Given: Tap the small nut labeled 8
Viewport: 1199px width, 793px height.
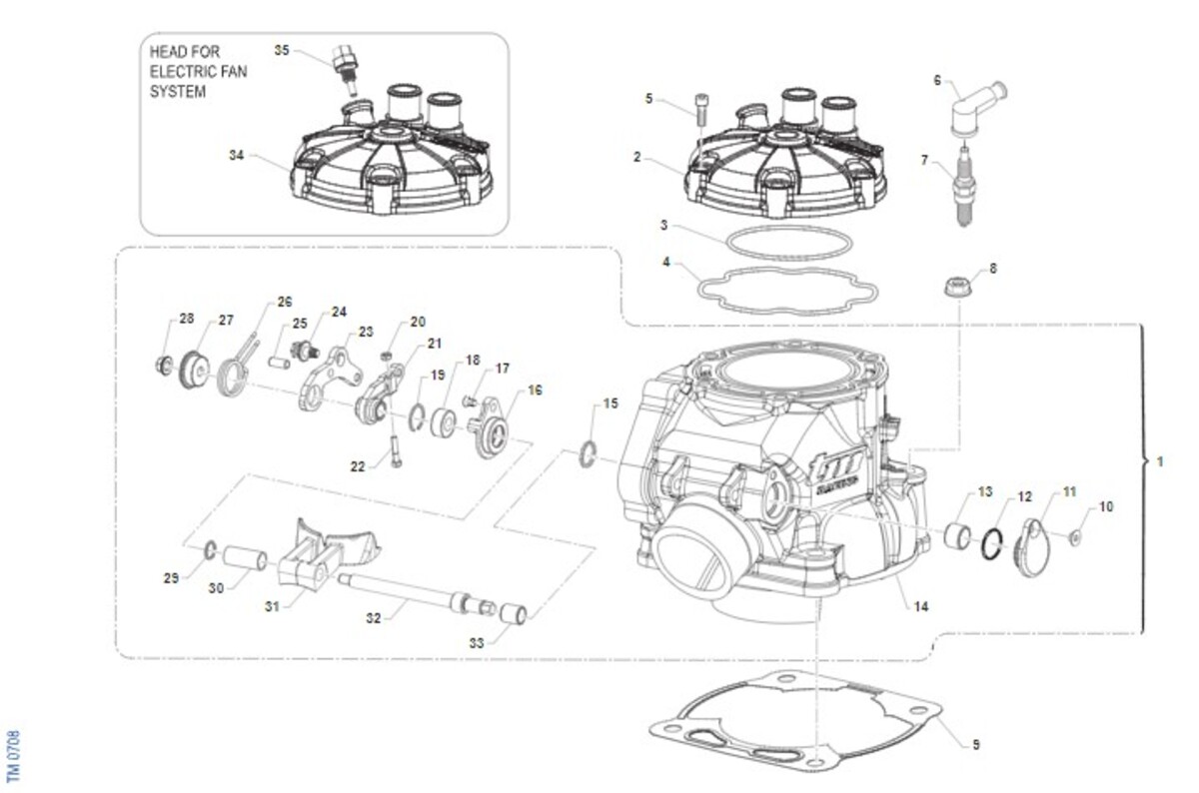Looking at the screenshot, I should pos(956,289).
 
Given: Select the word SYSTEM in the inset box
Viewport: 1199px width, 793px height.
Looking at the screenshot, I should pos(178,92).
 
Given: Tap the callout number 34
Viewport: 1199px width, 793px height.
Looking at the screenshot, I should pos(236,155).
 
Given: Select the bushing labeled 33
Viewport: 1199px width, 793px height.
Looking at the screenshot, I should pos(515,612).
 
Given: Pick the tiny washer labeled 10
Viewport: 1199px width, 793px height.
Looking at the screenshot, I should pos(1074,539).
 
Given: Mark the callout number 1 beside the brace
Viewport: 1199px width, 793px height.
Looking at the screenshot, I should pos(1159,462).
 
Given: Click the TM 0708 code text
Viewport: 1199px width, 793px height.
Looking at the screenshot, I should pos(13,755).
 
